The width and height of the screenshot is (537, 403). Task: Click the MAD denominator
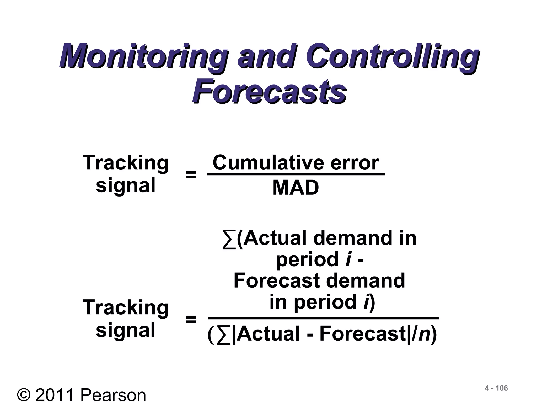[296, 188]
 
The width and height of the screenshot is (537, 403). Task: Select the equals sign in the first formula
[191, 175]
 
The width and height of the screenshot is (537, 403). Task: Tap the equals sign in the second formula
[191, 320]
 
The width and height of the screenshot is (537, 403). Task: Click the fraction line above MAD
[296, 174]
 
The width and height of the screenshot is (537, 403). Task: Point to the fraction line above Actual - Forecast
[323, 318]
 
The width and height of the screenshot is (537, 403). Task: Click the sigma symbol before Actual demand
[229, 239]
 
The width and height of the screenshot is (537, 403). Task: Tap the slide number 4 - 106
[496, 388]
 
